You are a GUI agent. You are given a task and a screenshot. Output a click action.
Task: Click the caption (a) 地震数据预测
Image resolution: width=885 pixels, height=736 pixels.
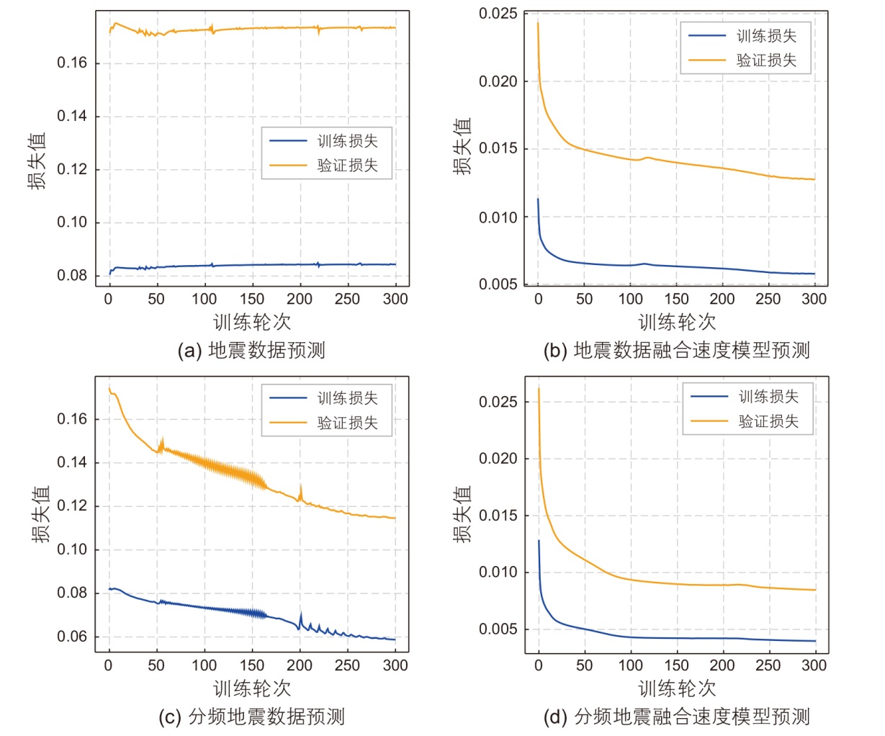point(251,351)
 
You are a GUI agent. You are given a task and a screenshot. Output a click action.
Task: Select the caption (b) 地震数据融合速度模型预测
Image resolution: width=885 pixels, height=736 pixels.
point(677,351)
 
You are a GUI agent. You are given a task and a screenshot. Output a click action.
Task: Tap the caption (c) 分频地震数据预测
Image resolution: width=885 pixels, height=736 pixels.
point(251,717)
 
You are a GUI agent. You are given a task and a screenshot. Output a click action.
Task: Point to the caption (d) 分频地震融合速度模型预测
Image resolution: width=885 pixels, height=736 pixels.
point(677,717)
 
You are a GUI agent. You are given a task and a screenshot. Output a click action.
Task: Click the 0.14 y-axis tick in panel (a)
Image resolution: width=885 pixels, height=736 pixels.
point(72,117)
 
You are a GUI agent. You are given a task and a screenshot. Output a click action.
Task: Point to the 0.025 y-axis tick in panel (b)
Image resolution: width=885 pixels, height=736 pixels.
point(498,14)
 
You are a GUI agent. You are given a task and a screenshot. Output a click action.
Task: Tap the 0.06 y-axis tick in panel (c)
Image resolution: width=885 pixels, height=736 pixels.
point(72,637)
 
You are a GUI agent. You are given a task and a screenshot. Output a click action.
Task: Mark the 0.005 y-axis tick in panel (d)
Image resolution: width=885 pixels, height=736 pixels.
point(498,629)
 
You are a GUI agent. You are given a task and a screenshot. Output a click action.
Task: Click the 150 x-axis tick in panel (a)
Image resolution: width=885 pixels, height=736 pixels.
point(252,300)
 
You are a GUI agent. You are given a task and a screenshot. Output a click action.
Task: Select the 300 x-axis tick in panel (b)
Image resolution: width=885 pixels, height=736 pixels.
point(814,300)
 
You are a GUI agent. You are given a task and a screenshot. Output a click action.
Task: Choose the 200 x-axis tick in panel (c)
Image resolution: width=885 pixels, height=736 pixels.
point(300,665)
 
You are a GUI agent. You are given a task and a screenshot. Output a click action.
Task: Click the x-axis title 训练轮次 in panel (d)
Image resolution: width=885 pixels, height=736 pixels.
point(677,688)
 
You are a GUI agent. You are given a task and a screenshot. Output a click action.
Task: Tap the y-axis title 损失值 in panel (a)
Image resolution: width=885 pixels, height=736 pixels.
point(37,160)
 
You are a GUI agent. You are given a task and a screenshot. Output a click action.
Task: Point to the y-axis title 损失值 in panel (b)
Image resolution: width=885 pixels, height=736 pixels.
point(462,146)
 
